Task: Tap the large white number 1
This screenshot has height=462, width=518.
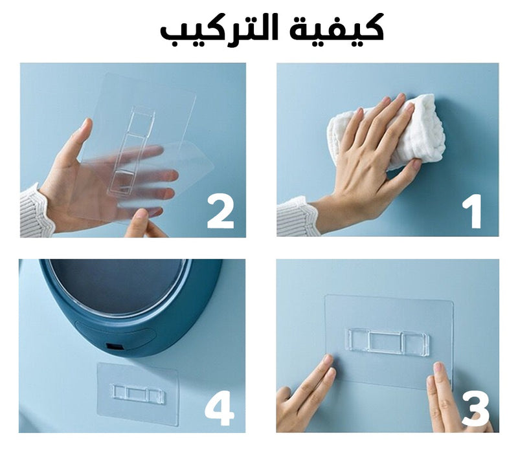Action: coord(472,212)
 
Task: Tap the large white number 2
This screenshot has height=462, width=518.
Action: coord(220,212)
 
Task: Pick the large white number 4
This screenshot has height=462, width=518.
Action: coord(220,409)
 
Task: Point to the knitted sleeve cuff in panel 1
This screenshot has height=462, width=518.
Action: coord(297,217)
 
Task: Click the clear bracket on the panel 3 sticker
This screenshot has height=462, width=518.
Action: coord(387,342)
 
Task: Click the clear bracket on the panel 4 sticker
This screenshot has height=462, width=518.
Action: coord(138,394)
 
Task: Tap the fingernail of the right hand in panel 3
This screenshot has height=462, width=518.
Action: coord(439,368)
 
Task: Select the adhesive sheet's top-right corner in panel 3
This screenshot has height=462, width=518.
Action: coord(452,302)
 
